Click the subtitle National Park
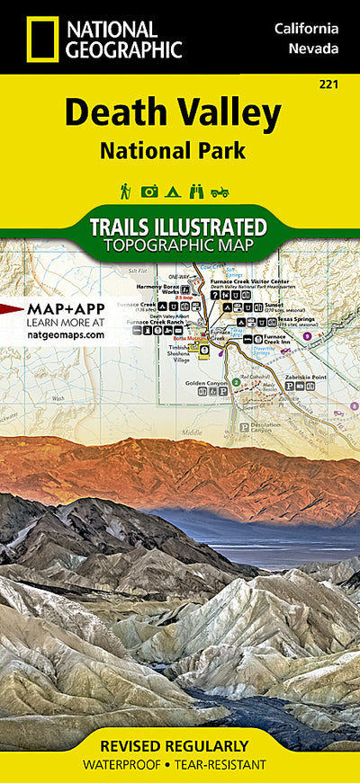[173, 150]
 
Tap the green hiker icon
[126, 191]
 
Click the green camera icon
[149, 191]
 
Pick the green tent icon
[173, 191]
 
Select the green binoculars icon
[196, 191]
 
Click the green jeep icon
[220, 191]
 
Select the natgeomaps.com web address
[66, 334]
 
